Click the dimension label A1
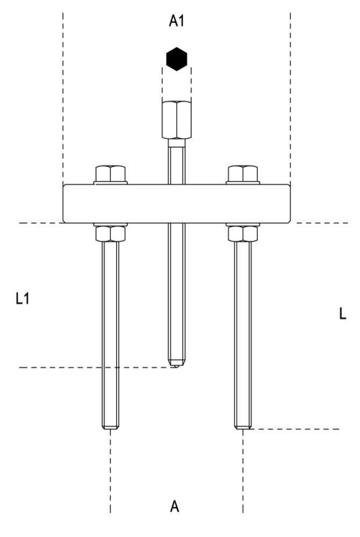[x=177, y=21]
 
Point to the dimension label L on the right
[x=342, y=315]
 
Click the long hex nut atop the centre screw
[x=176, y=120]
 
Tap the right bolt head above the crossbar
[x=243, y=173]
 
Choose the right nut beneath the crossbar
[x=243, y=234]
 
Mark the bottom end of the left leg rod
[x=110, y=427]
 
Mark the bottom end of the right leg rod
[x=243, y=427]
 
